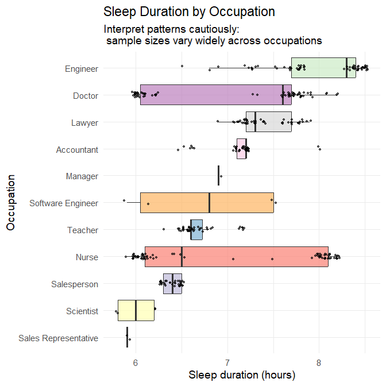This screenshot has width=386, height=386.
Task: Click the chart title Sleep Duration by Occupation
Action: pyautogui.click(x=189, y=11)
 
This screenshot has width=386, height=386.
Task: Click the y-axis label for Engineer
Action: pyautogui.click(x=81, y=68)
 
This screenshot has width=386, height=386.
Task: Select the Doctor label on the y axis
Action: pyautogui.click(x=86, y=95)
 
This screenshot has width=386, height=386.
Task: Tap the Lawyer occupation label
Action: pyautogui.click(x=84, y=122)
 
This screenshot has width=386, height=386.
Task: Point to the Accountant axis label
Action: pyautogui.click(x=77, y=149)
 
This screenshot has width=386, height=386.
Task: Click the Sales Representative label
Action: pyautogui.click(x=58, y=338)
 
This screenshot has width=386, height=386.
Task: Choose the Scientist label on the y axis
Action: pyautogui.click(x=82, y=311)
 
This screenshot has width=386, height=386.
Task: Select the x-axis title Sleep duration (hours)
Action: pyautogui.click(x=242, y=376)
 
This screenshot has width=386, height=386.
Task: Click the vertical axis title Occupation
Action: pyautogui.click(x=11, y=203)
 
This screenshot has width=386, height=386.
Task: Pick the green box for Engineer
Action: pyautogui.click(x=319, y=68)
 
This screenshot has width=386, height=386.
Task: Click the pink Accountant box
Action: pyautogui.click(x=241, y=149)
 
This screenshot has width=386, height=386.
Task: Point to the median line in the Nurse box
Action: pyautogui.click(x=182, y=257)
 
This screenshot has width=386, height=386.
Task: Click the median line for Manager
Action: pyautogui.click(x=218, y=176)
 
